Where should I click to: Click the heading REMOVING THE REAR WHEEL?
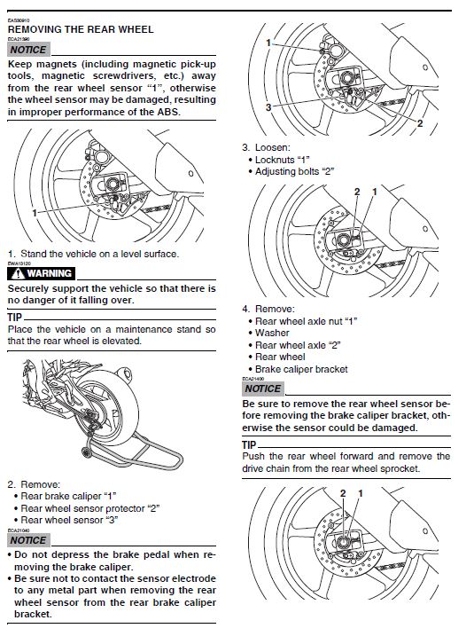pyautogui.click(x=81, y=29)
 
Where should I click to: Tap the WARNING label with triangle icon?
pyautogui.click(x=41, y=273)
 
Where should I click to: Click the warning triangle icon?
pyautogui.click(x=18, y=273)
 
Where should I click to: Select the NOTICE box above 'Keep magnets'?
pyautogui.click(x=28, y=50)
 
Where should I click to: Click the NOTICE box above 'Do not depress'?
pyautogui.click(x=28, y=540)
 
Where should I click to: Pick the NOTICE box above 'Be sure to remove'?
pyautogui.click(x=263, y=389)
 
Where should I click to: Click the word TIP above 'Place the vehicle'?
pyautogui.click(x=14, y=318)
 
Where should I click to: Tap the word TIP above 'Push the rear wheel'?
pyautogui.click(x=249, y=445)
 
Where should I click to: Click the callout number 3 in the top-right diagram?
pyautogui.click(x=268, y=107)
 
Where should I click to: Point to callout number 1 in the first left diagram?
pyautogui.click(x=35, y=213)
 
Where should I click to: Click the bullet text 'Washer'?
pyautogui.click(x=272, y=334)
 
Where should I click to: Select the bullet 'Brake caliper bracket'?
pyautogui.click(x=301, y=369)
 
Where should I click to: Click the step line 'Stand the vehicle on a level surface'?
pyautogui.click(x=100, y=254)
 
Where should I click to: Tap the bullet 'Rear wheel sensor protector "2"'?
pyautogui.click(x=89, y=508)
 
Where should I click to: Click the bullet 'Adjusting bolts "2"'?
pyautogui.click(x=295, y=172)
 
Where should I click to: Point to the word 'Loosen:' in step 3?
pyautogui.click(x=273, y=147)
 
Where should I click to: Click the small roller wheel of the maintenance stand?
pyautogui.click(x=87, y=452)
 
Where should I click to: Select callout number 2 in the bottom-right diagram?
pyautogui.click(x=343, y=493)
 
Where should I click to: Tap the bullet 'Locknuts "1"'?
pyautogui.click(x=283, y=160)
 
